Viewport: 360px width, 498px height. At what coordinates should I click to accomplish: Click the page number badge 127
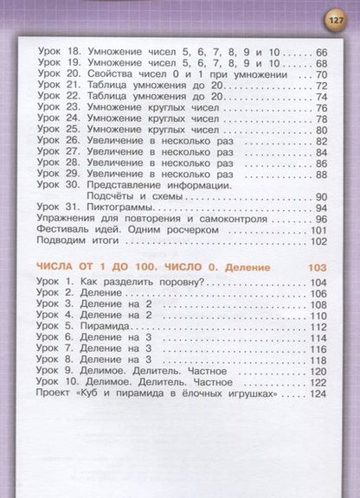(x=333, y=19)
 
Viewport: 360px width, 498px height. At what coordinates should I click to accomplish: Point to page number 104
(x=318, y=283)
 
